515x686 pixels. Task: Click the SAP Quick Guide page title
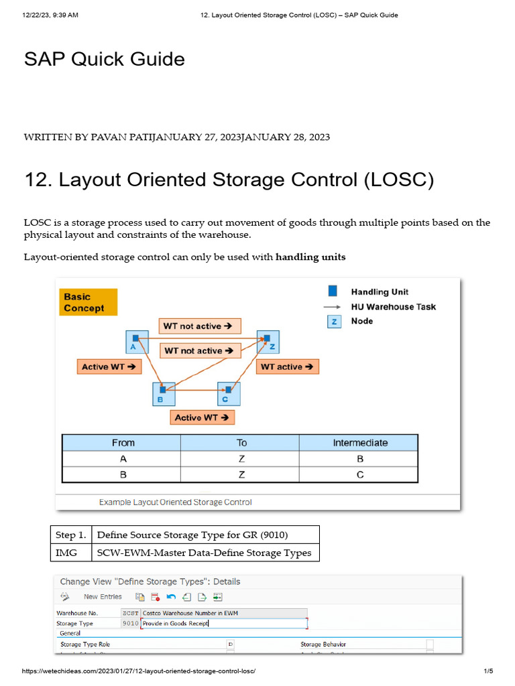104,59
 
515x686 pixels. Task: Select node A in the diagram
137,341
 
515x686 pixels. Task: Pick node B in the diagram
163,393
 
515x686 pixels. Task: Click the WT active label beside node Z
287,366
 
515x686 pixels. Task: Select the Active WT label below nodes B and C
202,417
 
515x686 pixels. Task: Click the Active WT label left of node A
109,366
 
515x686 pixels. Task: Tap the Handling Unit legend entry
380,292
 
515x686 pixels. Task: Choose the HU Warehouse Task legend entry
393,307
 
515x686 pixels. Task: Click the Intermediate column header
360,443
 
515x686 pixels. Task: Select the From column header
123,443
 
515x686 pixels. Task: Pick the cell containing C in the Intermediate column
360,475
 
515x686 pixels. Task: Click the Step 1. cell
70,535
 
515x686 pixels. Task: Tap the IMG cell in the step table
70,553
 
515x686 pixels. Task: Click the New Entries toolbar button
103,596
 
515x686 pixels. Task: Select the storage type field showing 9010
131,623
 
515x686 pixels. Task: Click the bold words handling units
310,257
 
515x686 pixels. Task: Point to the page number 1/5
488,671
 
